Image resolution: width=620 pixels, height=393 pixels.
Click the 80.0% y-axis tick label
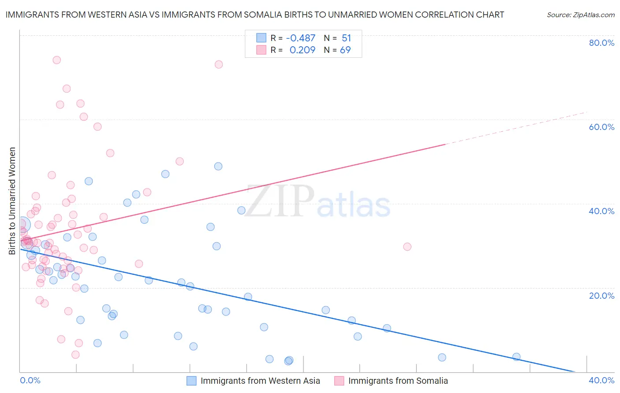(601, 43)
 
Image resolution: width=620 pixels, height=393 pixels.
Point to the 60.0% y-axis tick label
(601, 127)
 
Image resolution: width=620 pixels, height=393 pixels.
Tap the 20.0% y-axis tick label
(601, 296)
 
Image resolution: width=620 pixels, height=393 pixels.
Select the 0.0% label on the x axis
(30, 380)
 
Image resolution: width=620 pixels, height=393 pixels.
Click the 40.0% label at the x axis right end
(601, 380)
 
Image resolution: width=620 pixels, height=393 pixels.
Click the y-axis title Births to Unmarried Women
(12, 201)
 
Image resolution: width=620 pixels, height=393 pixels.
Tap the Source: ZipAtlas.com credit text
(580, 15)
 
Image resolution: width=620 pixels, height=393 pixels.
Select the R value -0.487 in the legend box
(300, 38)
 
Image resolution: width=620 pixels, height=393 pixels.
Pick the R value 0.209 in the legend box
(302, 50)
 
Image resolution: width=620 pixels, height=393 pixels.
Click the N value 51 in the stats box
(346, 38)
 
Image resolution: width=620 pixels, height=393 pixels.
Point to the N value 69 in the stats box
(345, 50)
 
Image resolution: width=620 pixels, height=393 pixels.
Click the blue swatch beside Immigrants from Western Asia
(191, 381)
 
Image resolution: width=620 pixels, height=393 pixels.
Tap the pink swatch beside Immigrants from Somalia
(339, 381)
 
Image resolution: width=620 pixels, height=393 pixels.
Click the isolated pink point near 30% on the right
(407, 247)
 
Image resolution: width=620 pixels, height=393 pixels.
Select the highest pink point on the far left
(56, 60)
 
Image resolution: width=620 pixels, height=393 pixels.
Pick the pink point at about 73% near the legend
(219, 64)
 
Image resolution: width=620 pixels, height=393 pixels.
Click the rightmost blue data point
(516, 357)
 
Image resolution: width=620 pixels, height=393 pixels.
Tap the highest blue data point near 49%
(218, 167)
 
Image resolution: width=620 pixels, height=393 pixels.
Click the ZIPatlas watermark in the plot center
(317, 202)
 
